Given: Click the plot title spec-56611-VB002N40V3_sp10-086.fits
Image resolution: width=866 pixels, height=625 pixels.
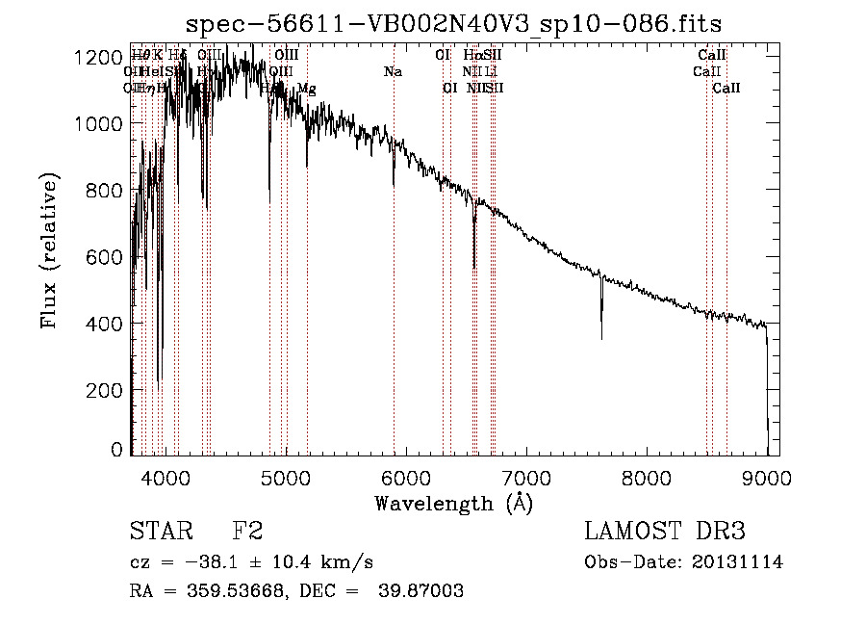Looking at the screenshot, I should coord(453,23).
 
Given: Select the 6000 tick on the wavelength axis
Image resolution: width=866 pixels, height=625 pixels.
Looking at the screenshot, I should coord(406,477).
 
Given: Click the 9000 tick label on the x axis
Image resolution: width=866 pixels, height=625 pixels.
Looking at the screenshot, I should coord(767,477).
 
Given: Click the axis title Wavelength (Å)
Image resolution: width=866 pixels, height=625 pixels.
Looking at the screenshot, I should coord(453,503).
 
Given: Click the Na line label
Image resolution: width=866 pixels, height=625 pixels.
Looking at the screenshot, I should coord(393,72).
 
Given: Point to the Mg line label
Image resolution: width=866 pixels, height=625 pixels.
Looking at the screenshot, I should coord(306,89).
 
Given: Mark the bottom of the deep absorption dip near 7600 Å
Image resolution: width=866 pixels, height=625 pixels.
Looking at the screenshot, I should coord(601,338).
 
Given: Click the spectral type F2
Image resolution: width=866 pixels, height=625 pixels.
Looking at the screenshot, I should coord(247,531).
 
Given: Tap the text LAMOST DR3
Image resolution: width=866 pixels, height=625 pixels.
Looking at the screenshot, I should coord(664,531).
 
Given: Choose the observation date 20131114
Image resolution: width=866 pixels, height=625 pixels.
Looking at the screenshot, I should coord(738,562).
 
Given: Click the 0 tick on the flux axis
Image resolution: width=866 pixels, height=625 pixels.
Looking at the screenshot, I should coord(117,450).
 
